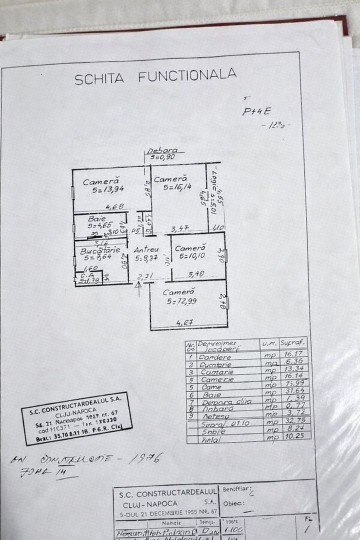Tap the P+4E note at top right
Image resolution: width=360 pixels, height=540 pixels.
click(256, 112)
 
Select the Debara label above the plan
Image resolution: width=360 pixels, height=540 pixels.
click(162, 150)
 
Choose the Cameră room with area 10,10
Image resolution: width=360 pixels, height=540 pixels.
click(190, 252)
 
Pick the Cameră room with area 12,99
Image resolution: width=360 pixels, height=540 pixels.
click(179, 296)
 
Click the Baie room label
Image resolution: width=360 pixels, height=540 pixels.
click(97, 219)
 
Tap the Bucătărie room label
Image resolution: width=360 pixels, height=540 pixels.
click(100, 251)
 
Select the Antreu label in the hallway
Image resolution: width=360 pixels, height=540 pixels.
click(146, 249)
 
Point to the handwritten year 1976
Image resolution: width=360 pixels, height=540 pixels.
click(145, 458)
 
